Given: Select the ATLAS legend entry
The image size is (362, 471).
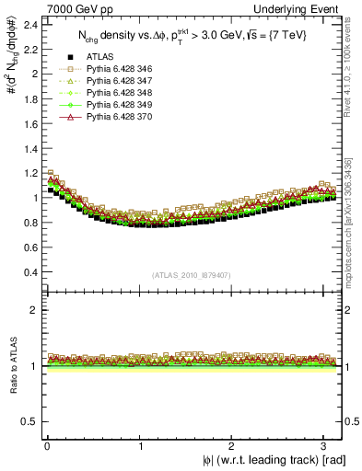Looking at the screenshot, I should point(99,58).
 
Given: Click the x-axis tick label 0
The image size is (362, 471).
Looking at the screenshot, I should point(47,444).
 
